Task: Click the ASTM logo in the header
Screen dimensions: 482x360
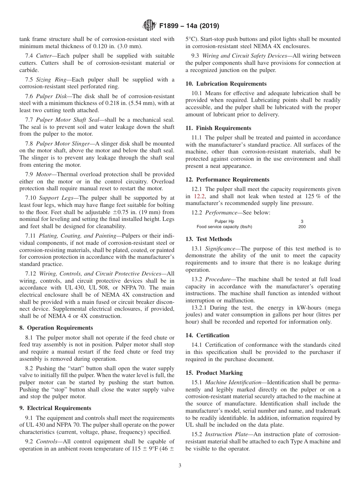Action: pos(149,26)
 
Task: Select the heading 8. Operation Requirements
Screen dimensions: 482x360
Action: pos(56,328)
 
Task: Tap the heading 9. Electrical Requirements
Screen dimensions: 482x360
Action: pos(55,408)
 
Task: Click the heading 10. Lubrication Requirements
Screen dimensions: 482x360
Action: pos(226,84)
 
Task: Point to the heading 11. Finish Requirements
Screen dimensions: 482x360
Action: pos(218,128)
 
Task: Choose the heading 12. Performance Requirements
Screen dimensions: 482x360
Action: pos(227,180)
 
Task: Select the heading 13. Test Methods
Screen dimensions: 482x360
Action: pos(208,239)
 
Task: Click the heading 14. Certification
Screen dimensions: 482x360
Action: pos(207,335)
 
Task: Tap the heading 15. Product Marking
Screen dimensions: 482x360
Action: pos(214,373)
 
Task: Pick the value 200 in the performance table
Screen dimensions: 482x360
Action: pos(302,227)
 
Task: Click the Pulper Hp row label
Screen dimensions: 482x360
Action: pos(224,221)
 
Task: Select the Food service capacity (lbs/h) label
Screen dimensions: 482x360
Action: pos(224,227)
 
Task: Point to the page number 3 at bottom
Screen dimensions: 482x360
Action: pos(180,466)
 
